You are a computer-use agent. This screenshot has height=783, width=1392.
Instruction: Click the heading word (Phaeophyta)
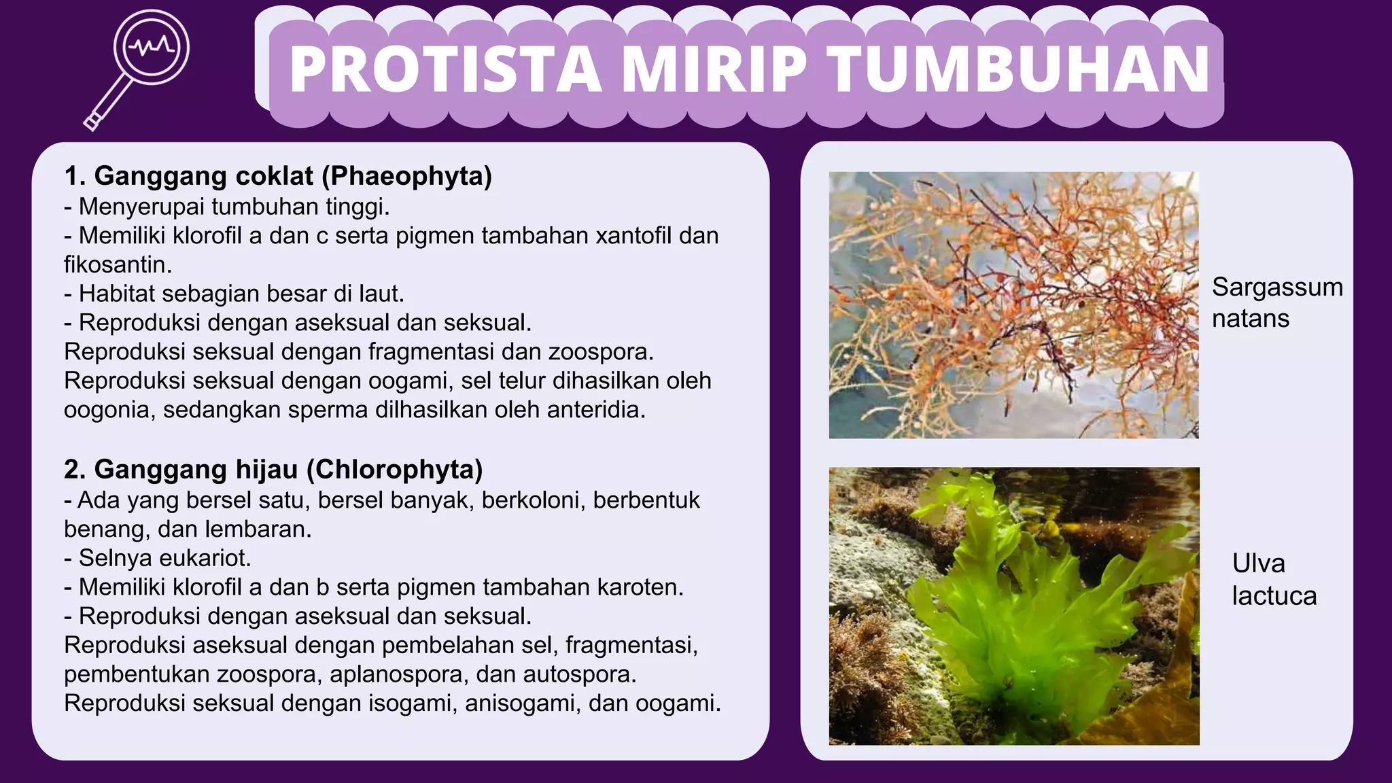[x=406, y=176]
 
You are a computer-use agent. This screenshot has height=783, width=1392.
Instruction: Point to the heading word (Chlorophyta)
[x=394, y=470]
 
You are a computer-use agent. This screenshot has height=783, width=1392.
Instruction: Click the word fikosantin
[x=118, y=264]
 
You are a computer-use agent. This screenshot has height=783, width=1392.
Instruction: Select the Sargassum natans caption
[x=1276, y=302]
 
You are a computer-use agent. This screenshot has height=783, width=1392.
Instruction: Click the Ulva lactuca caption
[x=1274, y=580]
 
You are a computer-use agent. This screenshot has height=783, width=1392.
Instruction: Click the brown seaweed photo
[x=1013, y=304]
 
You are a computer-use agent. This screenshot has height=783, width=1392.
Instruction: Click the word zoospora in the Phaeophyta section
[x=600, y=352]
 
